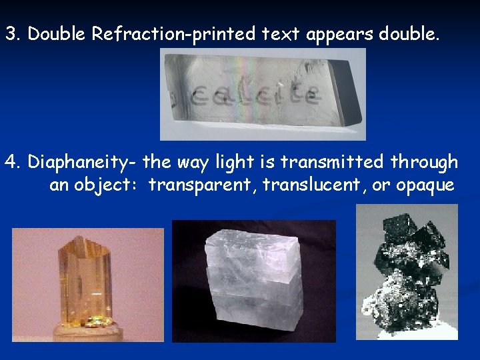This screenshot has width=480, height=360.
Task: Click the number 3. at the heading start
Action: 13,35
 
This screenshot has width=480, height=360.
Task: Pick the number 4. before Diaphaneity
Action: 13,162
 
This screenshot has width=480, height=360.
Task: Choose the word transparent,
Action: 202,185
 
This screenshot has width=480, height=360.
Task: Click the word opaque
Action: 425,185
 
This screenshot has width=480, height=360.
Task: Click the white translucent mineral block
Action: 254,280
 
